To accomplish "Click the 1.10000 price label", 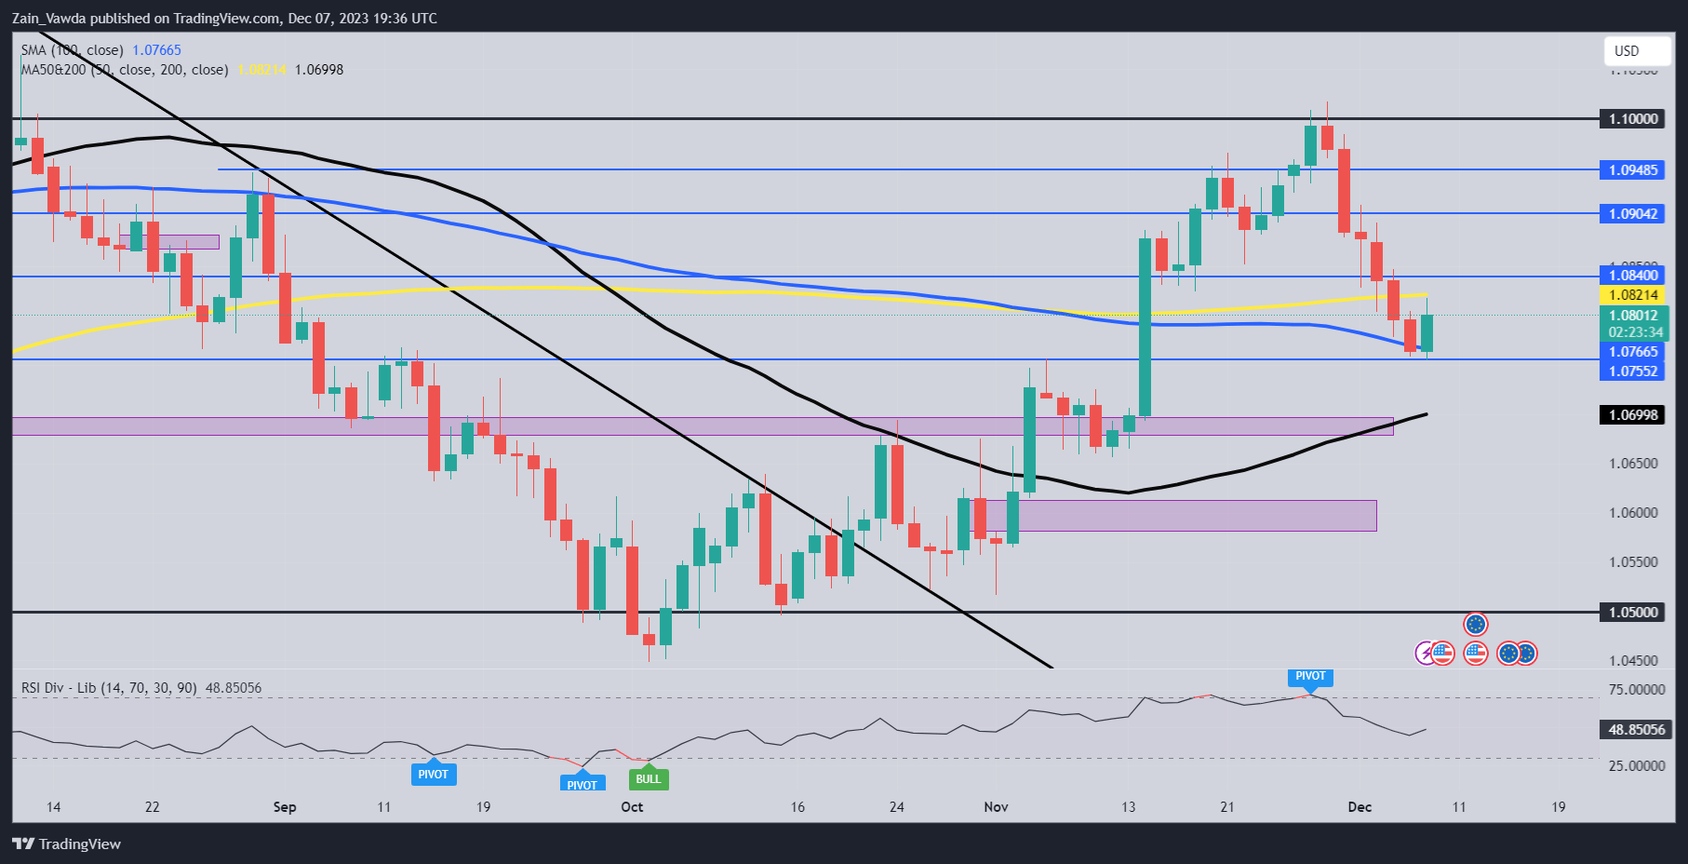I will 1633,119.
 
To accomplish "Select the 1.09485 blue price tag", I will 1633,170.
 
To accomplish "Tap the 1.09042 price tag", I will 1633,214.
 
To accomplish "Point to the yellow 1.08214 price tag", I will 1633,295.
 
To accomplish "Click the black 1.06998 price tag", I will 1633,415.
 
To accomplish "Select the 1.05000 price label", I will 1633,613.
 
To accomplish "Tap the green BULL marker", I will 648,779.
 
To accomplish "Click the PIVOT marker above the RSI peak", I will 1310,677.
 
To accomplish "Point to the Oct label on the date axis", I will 632,807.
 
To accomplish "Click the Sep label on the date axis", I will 285,807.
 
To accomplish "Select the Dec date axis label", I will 1360,807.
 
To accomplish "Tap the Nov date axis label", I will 996,807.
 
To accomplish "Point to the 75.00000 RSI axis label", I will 1637,690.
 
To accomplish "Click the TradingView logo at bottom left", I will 67,844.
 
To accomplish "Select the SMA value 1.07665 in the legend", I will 156,50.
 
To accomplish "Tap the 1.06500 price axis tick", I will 1633,464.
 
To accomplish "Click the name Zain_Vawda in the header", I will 48,18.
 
